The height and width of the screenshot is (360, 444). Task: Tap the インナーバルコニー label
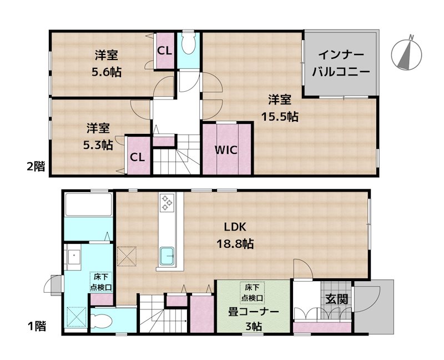click(x=340, y=63)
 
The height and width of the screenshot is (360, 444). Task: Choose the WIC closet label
click(x=227, y=151)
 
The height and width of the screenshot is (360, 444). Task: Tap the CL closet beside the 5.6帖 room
click(x=164, y=51)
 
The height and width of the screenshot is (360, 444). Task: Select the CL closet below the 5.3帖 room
click(x=138, y=157)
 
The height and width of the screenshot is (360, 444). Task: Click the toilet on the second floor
click(x=189, y=44)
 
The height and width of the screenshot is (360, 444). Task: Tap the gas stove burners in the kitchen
click(x=167, y=203)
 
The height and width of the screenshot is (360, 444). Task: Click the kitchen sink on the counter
click(x=168, y=256)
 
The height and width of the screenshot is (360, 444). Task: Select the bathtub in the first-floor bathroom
click(x=88, y=206)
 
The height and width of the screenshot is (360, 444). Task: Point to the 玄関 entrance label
click(x=336, y=298)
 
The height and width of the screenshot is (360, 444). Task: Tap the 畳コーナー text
click(x=253, y=312)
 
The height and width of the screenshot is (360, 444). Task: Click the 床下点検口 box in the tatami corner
click(x=253, y=292)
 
